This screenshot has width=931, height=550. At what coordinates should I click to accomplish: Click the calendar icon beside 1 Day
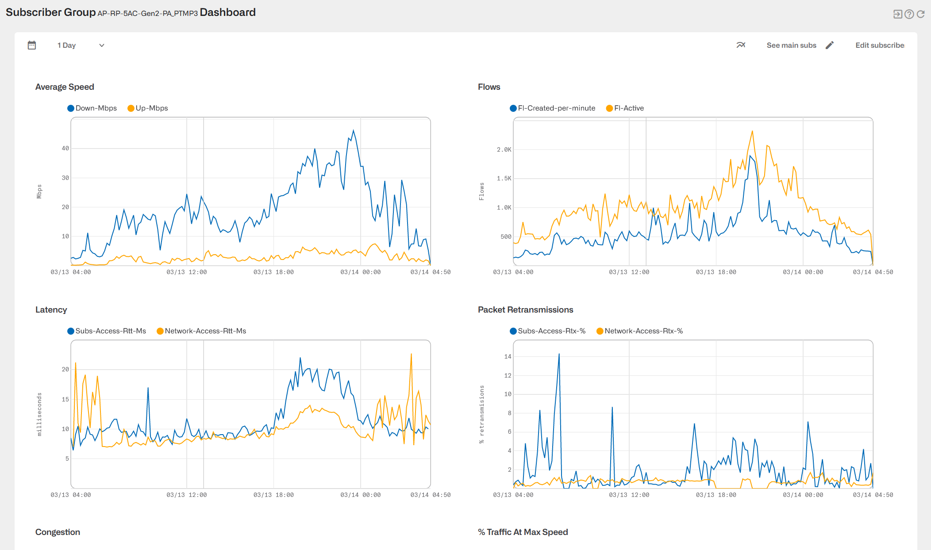point(32,45)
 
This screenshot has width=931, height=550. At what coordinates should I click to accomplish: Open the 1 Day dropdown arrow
point(101,45)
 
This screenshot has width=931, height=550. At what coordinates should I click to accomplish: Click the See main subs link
point(791,45)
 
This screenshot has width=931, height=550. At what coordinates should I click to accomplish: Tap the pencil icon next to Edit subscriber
point(830,45)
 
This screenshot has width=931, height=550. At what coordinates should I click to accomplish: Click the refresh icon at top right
point(921,14)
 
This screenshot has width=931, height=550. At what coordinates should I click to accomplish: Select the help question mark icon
point(909,14)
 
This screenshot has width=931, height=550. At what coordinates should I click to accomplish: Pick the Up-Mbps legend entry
point(148,108)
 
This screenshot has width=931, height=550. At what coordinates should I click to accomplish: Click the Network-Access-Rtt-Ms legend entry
point(201,331)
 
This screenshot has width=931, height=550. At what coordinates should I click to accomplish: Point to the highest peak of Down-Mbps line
point(353,130)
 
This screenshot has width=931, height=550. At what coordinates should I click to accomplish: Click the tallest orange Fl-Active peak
point(752,131)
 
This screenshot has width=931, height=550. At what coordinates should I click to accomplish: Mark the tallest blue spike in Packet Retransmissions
point(559,354)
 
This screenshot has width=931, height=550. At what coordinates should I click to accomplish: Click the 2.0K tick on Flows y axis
point(504,149)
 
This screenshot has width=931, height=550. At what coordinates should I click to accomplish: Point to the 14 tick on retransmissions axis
point(508,356)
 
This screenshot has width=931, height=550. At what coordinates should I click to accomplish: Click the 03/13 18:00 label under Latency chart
point(273,495)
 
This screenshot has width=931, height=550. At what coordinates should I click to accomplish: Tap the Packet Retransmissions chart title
point(525,309)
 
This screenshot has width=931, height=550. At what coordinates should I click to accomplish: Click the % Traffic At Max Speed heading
point(523,532)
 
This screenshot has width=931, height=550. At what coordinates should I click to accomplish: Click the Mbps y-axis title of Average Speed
point(39,191)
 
